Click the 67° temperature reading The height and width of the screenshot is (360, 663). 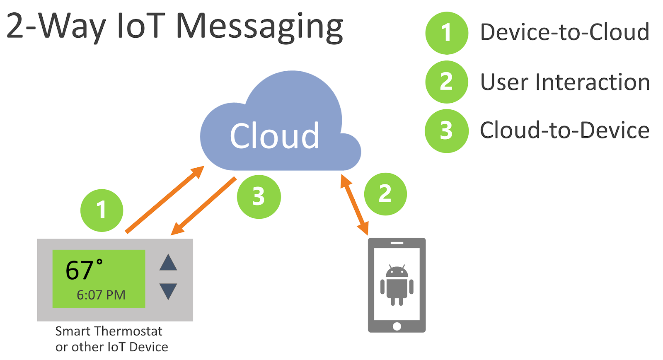coord(84,270)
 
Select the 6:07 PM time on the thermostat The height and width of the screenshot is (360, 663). coord(101,295)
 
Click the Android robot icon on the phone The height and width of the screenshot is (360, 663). coord(397,285)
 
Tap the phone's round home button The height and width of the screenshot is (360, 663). coord(397,326)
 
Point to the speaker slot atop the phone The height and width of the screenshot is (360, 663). coord(397,243)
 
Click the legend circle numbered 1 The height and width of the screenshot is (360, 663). coord(447,33)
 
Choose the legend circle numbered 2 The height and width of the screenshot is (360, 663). coord(447,82)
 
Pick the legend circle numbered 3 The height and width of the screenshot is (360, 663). coord(447,131)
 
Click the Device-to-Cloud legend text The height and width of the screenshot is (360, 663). coord(564,32)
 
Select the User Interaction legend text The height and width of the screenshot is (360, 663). coord(565,82)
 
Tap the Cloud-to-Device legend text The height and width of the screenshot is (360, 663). coord(564,130)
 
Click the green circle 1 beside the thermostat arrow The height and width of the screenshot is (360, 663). coord(102,210)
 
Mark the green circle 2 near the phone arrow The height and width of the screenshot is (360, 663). coord(385,194)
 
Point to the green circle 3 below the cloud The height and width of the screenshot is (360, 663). coord(259,197)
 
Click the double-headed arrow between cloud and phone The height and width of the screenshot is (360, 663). coord(354,205)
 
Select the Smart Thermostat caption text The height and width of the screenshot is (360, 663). coord(109,331)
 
